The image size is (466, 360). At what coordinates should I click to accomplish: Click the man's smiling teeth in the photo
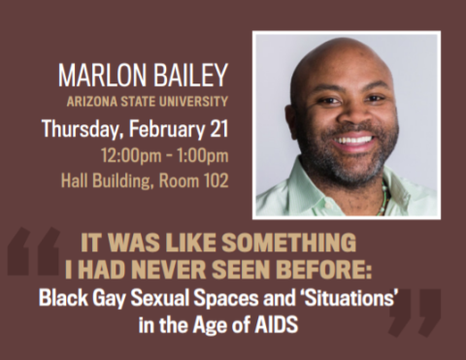(353, 141)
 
